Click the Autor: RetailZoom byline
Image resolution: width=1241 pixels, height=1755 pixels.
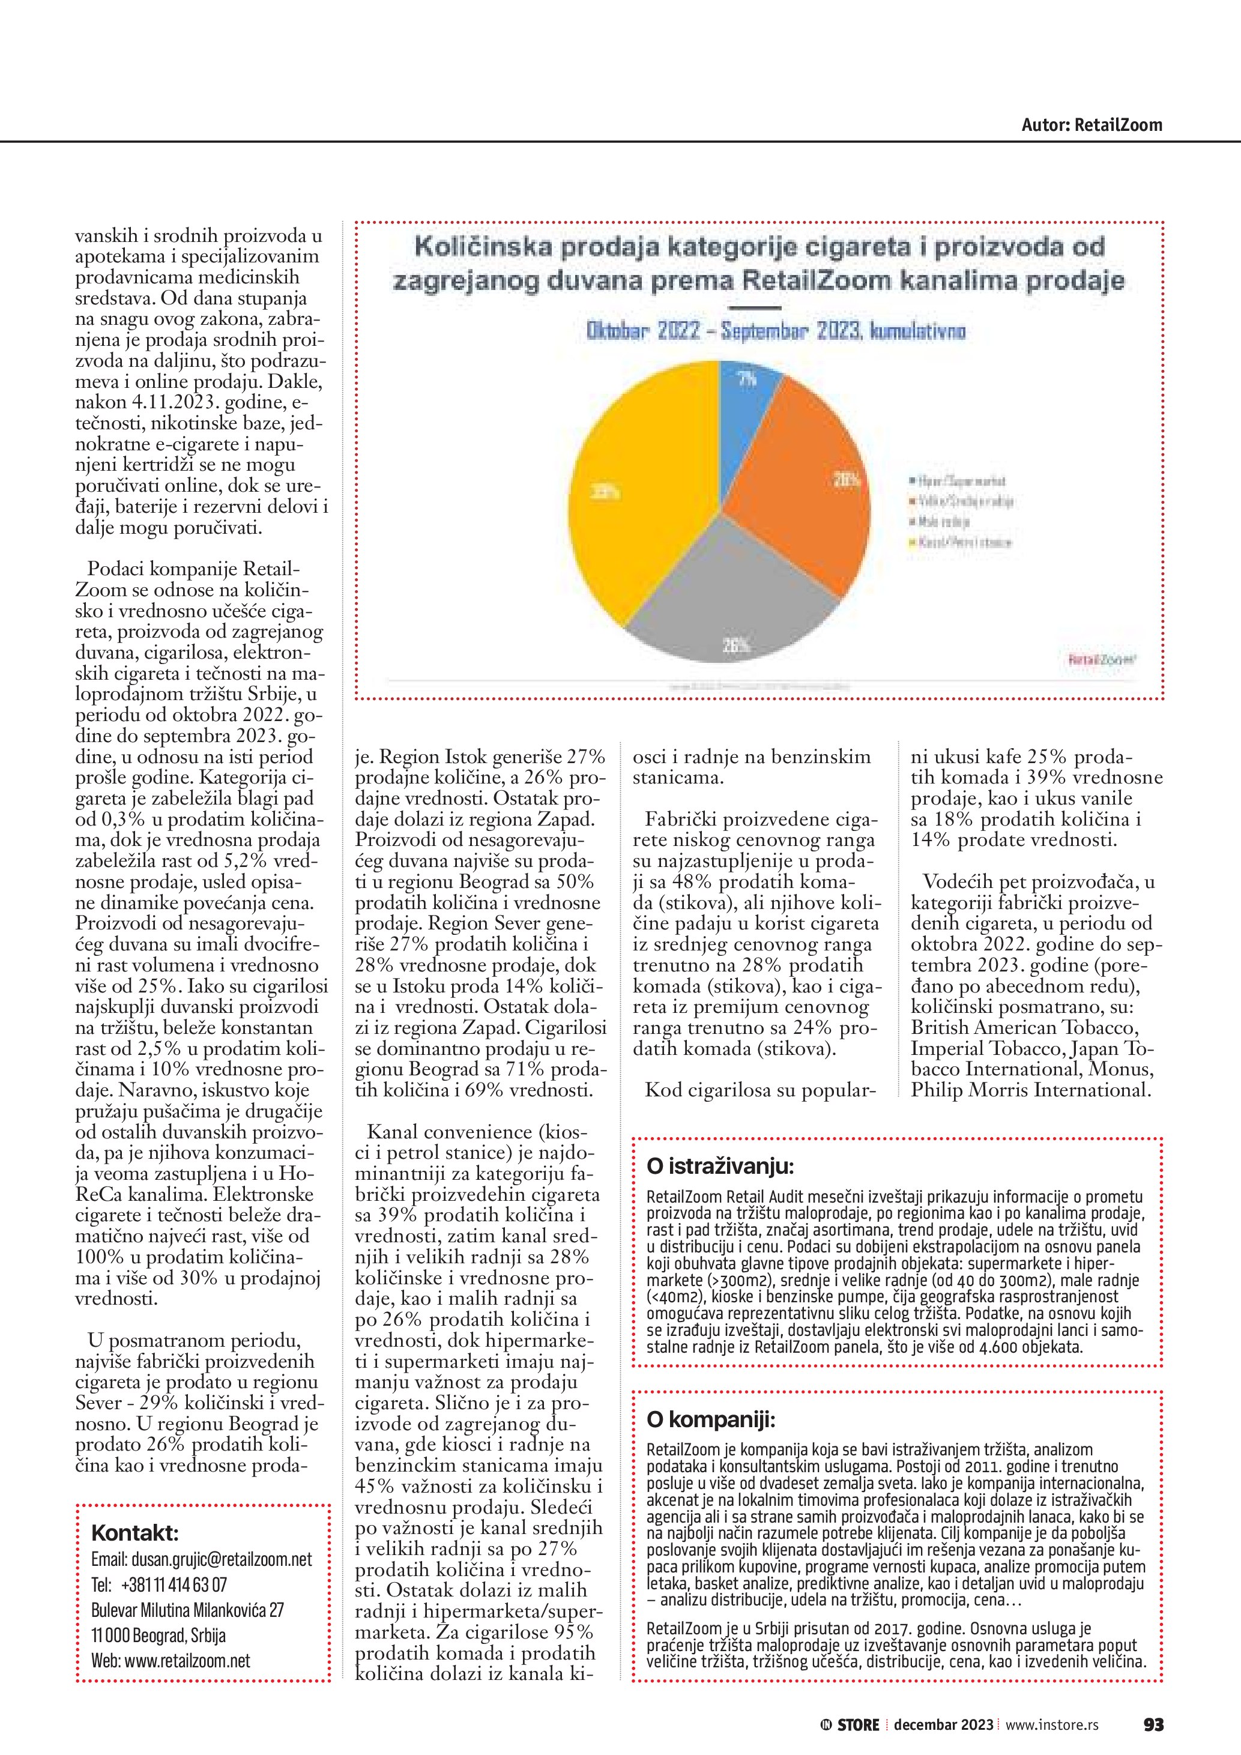[1092, 125]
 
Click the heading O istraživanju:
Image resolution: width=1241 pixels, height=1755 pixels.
[720, 1167]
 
